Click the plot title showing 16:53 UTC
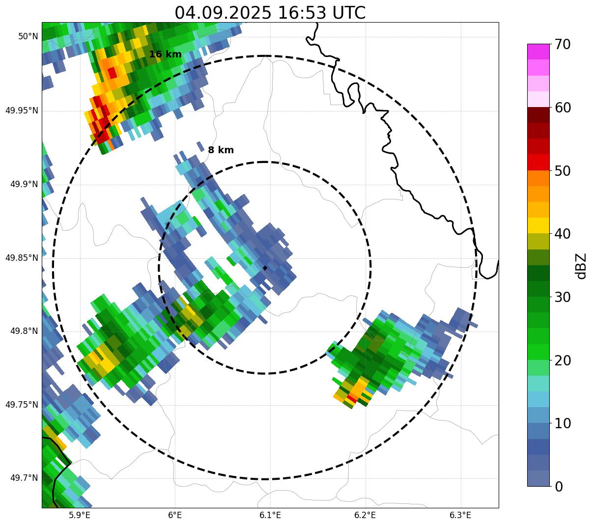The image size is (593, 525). [270, 13]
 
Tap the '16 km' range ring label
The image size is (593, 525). [165, 55]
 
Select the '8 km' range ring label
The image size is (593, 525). [221, 150]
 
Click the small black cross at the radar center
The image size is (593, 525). [265, 268]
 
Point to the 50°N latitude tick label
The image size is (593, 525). [28, 36]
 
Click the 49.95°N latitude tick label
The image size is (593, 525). [22, 111]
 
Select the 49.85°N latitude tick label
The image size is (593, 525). [22, 258]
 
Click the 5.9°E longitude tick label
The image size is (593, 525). [80, 515]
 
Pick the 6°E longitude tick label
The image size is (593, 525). [175, 515]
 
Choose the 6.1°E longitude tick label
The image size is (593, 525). [270, 515]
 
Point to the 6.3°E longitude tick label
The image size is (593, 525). [460, 515]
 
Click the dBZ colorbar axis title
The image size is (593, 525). [582, 266]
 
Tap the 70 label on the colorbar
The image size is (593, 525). [563, 45]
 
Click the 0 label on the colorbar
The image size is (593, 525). [559, 486]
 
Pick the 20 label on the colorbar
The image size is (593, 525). [563, 360]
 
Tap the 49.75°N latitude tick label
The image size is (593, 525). [22, 405]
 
